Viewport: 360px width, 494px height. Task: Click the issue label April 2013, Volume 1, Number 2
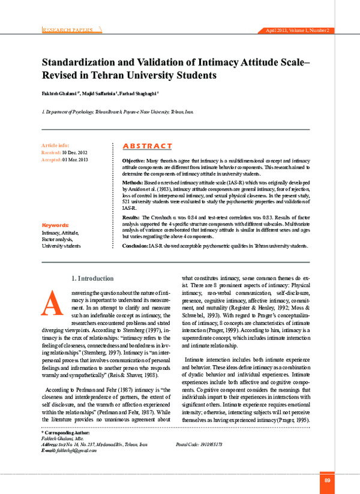coord(296,30)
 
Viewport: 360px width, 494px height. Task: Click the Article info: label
coord(55,146)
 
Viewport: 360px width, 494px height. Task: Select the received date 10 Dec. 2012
coord(74,153)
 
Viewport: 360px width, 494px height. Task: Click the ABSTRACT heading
coord(147,146)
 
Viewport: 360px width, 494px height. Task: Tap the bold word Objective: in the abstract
coord(133,162)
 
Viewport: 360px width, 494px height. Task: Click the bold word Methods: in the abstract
coord(133,181)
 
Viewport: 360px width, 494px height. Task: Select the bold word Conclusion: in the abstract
coord(135,246)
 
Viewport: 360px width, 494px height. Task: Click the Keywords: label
coord(55,225)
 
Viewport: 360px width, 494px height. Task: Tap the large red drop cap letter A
coord(51,303)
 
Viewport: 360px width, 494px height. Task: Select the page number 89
coord(327,480)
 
